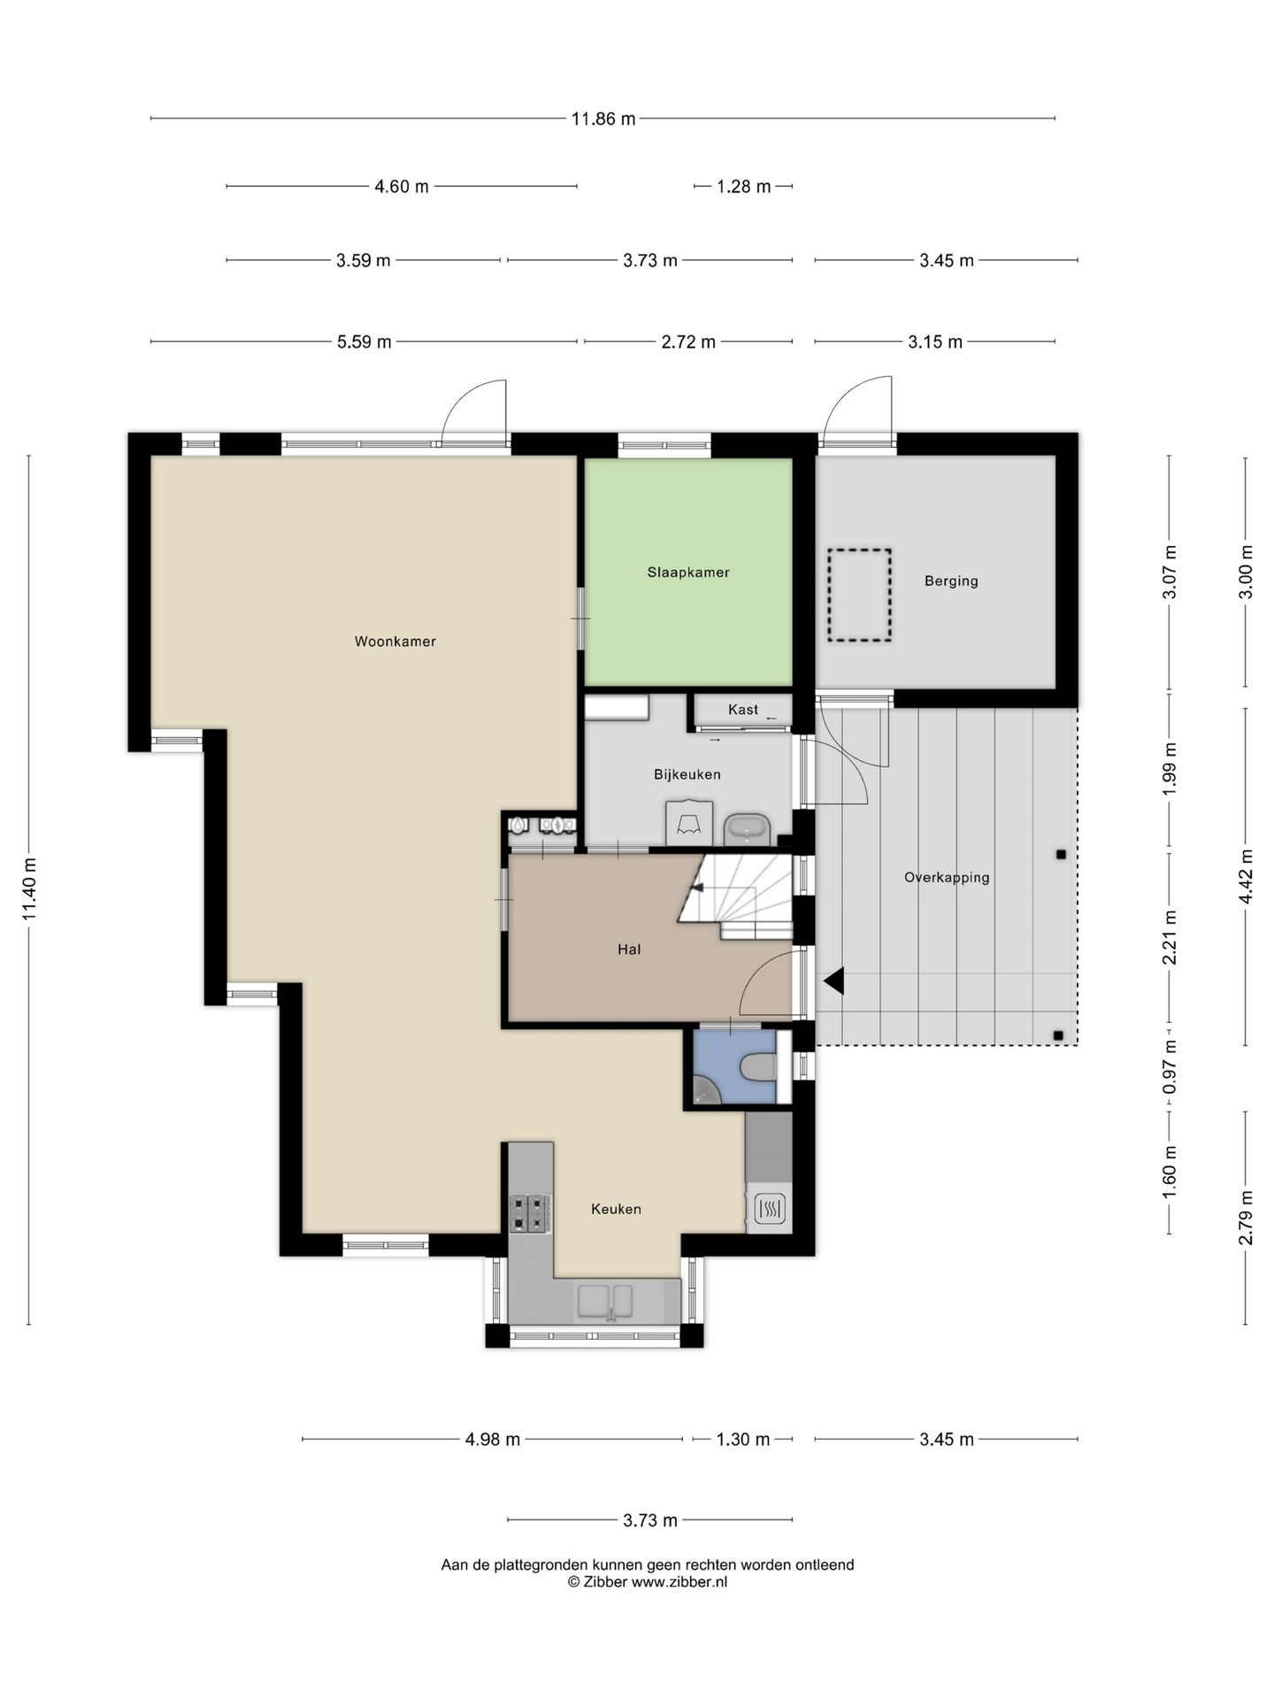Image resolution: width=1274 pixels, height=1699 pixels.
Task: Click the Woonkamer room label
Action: point(395,642)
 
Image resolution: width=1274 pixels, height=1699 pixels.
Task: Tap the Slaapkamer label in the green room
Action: point(688,573)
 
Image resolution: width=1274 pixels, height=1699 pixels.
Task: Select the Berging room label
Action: point(951,581)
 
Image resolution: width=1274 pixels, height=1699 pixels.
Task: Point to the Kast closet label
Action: point(743,710)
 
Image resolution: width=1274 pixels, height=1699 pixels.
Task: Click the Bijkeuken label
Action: point(687,775)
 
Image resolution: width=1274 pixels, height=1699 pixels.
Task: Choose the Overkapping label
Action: point(947,878)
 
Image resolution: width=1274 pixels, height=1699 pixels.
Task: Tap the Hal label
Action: point(629,950)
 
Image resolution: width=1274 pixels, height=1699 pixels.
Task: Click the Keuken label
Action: point(616,1209)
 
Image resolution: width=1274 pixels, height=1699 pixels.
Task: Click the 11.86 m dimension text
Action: point(603,119)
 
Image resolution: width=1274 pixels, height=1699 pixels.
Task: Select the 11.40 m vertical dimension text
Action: point(30,888)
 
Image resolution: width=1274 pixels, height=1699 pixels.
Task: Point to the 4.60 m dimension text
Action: point(402,187)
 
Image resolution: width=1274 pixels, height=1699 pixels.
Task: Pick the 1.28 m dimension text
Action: point(743,187)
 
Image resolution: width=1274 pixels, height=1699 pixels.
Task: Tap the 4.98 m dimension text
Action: point(493,1440)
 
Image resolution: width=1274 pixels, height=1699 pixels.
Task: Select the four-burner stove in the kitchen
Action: point(529,1213)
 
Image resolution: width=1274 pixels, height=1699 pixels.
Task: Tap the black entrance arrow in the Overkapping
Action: point(833,981)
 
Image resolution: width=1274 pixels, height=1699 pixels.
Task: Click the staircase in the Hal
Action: point(736,896)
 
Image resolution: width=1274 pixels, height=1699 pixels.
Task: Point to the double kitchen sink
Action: point(606,1301)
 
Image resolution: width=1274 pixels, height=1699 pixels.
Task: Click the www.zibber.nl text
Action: point(679,1582)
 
